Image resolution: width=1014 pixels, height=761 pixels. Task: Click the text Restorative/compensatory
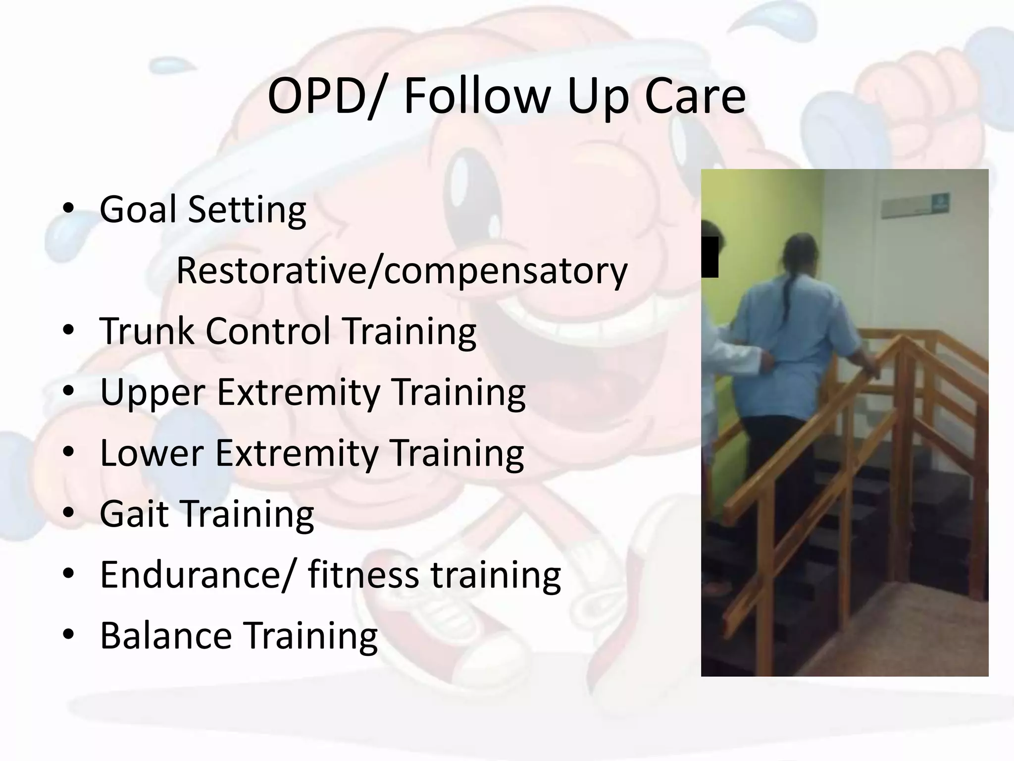(x=402, y=271)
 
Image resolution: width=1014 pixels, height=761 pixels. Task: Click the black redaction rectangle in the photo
(x=710, y=257)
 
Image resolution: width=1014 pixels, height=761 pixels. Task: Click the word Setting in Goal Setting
(x=247, y=209)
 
